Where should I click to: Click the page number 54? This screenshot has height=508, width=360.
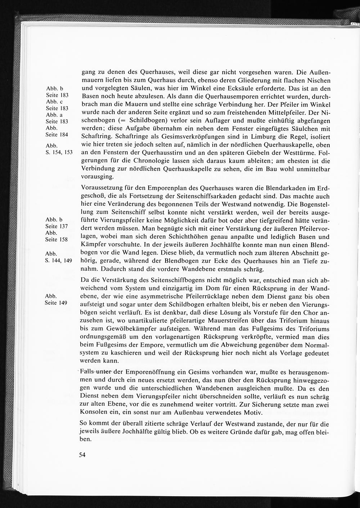pyautogui.click(x=82, y=455)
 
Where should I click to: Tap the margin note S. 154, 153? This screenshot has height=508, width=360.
pyautogui.click(x=59, y=152)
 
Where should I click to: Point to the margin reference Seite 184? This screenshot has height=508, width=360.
pyautogui.click(x=57, y=135)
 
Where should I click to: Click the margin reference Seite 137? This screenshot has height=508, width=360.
pyautogui.click(x=57, y=226)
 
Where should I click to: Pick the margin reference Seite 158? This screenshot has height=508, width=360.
pyautogui.click(x=57, y=239)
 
